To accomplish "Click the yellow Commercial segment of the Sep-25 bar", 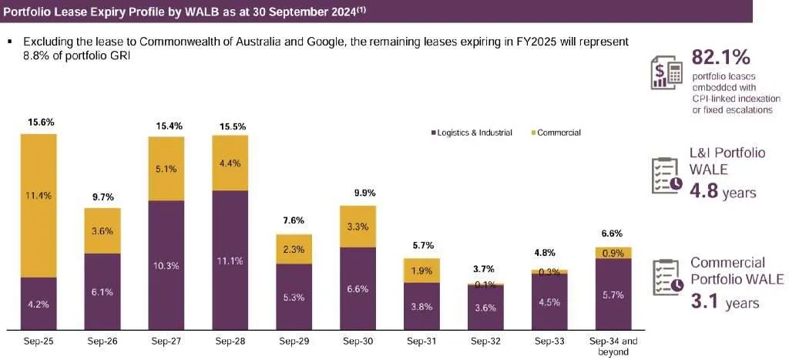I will pyautogui.click(x=39, y=205).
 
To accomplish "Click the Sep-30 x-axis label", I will pyautogui.click(x=358, y=340).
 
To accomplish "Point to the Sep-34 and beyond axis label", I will pyautogui.click(x=613, y=345).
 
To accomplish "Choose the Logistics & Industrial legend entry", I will pyautogui.click(x=471, y=133).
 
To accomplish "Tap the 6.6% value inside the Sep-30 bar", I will pyautogui.click(x=358, y=288).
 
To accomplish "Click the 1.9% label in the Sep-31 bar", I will pyautogui.click(x=421, y=270).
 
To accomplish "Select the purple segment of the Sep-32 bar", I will pyautogui.click(x=485, y=308).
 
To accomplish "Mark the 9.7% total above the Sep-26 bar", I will pyautogui.click(x=102, y=197).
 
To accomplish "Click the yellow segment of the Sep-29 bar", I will pyautogui.click(x=294, y=249).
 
